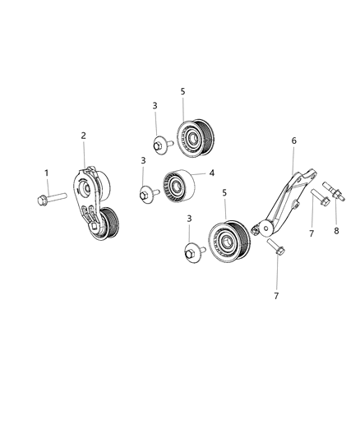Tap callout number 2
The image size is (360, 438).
coord(84,136)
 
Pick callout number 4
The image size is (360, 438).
coord(211,173)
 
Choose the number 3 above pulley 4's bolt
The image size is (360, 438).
coord(143,160)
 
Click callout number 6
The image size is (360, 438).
coord(293,141)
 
